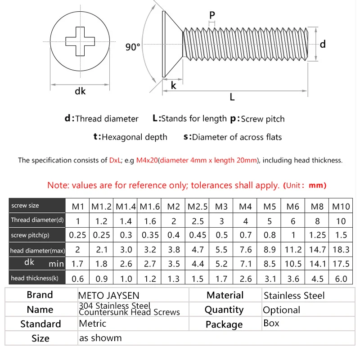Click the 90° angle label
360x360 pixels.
click(133, 47)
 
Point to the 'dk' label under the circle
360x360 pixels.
click(80, 91)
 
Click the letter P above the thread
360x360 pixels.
click(212, 14)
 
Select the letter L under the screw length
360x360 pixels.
click(232, 97)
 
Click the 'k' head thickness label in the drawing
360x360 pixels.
click(174, 85)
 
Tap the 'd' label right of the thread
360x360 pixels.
click(323, 44)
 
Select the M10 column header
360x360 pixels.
click(341, 207)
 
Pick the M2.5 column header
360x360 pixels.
click(198, 207)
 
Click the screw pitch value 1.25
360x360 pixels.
click(317, 235)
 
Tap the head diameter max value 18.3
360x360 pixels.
click(341, 250)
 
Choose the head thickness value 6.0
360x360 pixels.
click(341, 279)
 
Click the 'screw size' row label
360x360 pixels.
click(25, 206)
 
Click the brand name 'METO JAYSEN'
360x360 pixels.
click(109, 296)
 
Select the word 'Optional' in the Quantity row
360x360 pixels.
click(281, 310)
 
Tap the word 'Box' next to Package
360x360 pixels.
click(271, 323)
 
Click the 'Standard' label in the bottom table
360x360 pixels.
click(40, 324)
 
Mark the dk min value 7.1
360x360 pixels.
click(245, 264)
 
